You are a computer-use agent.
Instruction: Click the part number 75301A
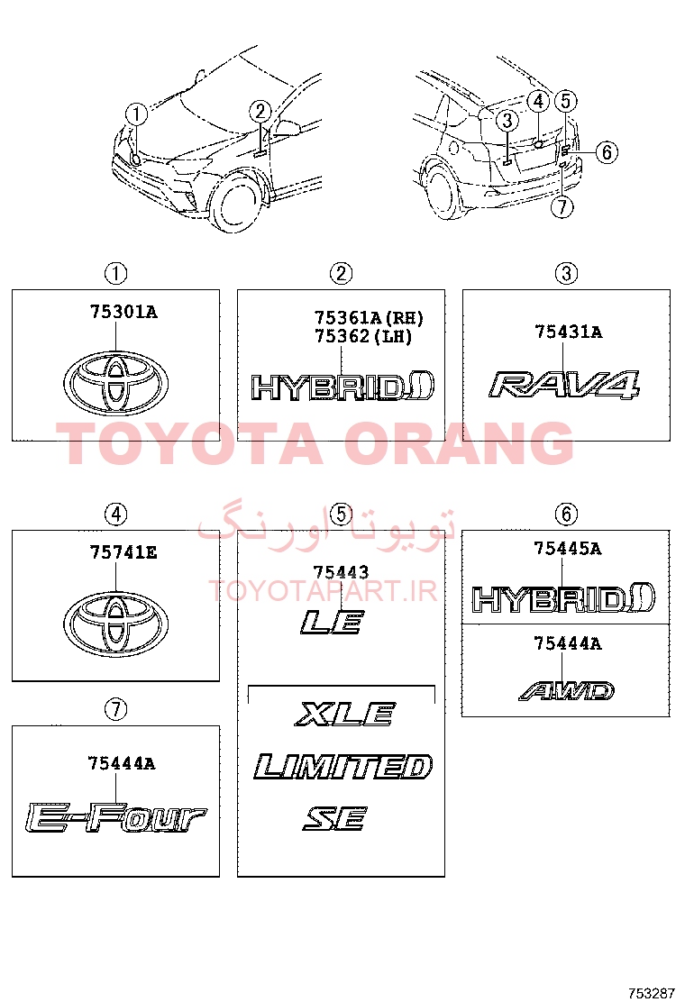123,312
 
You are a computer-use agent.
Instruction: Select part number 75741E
123,552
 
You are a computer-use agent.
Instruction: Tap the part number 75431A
568,332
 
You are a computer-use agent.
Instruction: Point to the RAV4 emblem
565,385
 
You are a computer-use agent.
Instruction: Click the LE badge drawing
333,622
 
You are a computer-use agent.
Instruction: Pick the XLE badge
346,715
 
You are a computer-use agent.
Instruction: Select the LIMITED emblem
343,767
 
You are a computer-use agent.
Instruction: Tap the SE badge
334,818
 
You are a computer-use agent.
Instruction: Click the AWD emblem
567,691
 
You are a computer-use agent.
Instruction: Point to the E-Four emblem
115,819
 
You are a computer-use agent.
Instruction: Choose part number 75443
341,572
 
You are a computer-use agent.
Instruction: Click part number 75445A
568,548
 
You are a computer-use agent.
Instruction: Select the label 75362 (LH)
363,336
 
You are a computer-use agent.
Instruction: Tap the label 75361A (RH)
369,317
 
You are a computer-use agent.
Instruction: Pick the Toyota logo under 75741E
115,622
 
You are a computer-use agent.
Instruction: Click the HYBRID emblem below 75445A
563,599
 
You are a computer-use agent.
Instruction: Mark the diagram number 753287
652,993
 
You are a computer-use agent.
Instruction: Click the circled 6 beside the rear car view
607,152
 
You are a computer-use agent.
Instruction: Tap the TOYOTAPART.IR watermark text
323,591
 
